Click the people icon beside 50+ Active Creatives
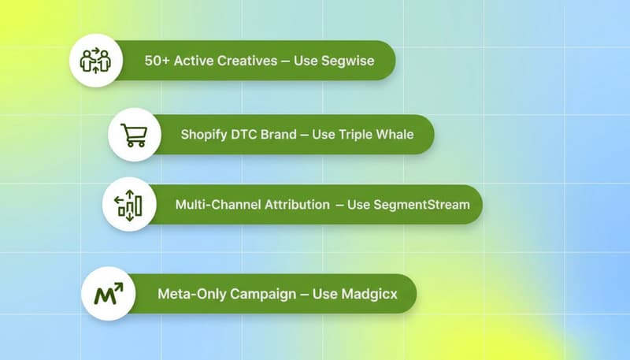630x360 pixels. (96, 60)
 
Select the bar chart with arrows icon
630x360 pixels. (128, 204)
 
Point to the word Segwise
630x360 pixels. (347, 60)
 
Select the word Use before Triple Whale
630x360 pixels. (324, 134)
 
